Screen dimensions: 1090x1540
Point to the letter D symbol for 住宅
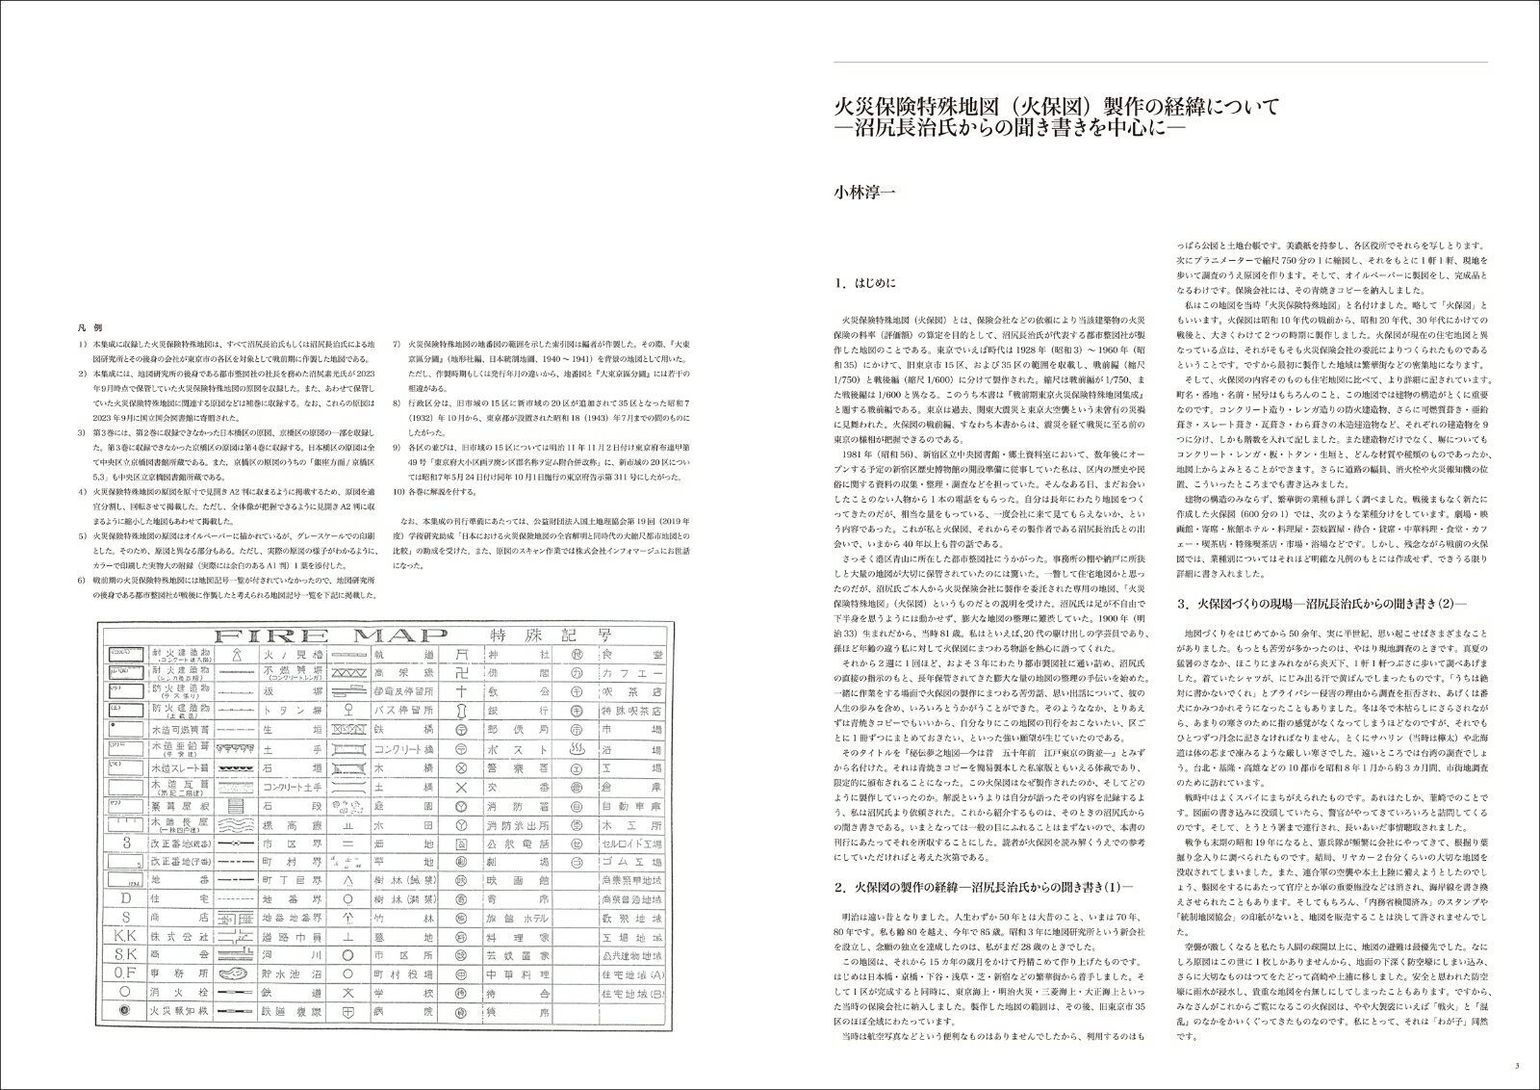tap(125, 898)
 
